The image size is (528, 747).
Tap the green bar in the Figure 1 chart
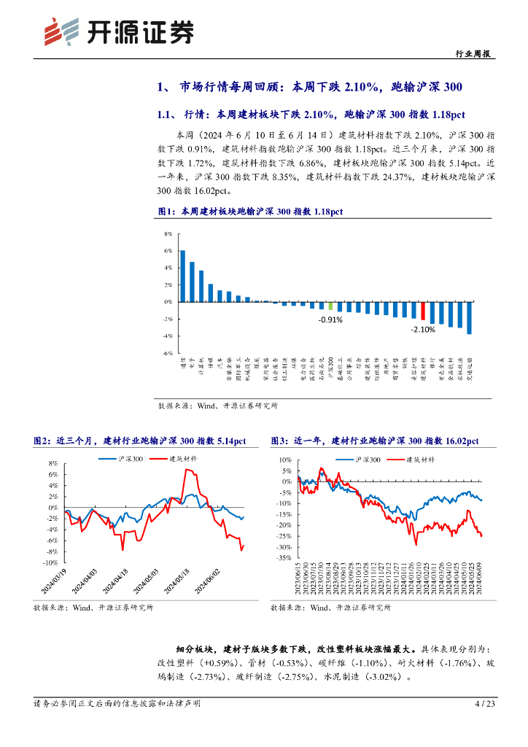pyautogui.click(x=330, y=306)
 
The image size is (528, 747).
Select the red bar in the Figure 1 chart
pyautogui.click(x=423, y=310)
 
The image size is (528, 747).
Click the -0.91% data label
pyautogui.click(x=330, y=320)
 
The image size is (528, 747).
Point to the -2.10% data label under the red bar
pyautogui.click(x=423, y=329)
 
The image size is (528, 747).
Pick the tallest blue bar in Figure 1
pyautogui.click(x=182, y=276)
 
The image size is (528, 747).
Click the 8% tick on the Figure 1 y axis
pyautogui.click(x=167, y=234)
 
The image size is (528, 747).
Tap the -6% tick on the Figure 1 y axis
pyautogui.click(x=167, y=352)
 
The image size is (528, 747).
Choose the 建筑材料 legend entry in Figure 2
pyautogui.click(x=183, y=458)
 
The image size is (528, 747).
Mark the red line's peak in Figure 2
pyautogui.click(x=187, y=470)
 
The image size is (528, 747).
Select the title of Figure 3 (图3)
pyautogui.click(x=375, y=441)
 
